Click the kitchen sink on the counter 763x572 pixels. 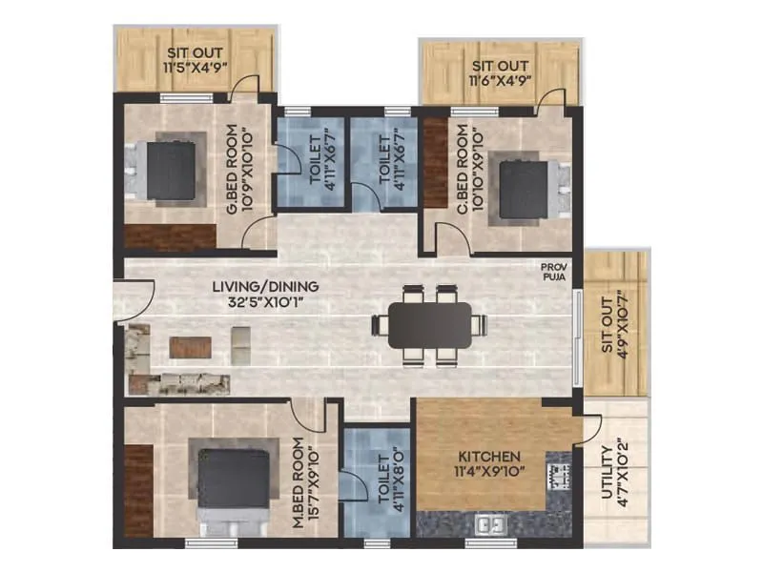coord(491,523)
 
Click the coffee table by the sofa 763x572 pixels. coord(190,346)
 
